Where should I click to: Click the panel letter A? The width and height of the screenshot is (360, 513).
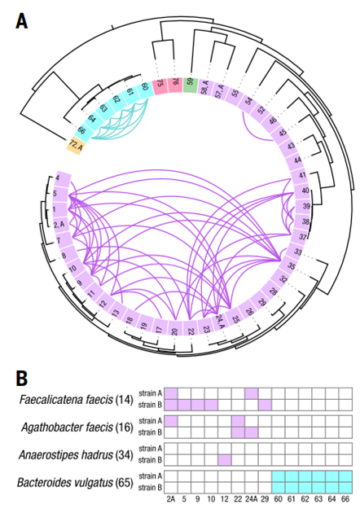point(22,21)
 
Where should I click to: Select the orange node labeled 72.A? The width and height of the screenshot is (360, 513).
point(77,145)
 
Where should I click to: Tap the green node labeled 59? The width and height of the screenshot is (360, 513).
point(191,82)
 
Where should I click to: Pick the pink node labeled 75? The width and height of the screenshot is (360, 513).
point(160,84)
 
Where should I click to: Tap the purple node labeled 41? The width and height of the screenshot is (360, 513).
point(301,176)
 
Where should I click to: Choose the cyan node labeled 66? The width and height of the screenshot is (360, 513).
point(83,130)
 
